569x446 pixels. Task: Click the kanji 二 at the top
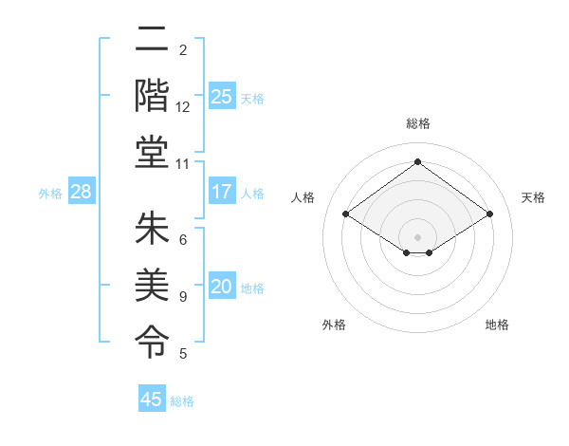(151, 41)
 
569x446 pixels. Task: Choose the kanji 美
(151, 282)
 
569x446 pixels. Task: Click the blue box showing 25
(221, 96)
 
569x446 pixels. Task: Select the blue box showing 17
(221, 192)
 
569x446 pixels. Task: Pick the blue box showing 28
(81, 192)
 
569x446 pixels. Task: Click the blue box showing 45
(152, 400)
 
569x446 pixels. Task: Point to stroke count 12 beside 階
(183, 107)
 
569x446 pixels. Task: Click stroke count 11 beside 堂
(183, 163)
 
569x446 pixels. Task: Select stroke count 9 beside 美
(183, 297)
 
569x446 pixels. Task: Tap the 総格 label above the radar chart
(418, 123)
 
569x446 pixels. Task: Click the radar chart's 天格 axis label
(533, 197)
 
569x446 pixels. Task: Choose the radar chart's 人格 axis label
(303, 197)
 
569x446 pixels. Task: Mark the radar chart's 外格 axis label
(334, 325)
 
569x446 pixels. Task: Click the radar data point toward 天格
(489, 214)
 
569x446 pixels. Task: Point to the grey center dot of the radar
(417, 236)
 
